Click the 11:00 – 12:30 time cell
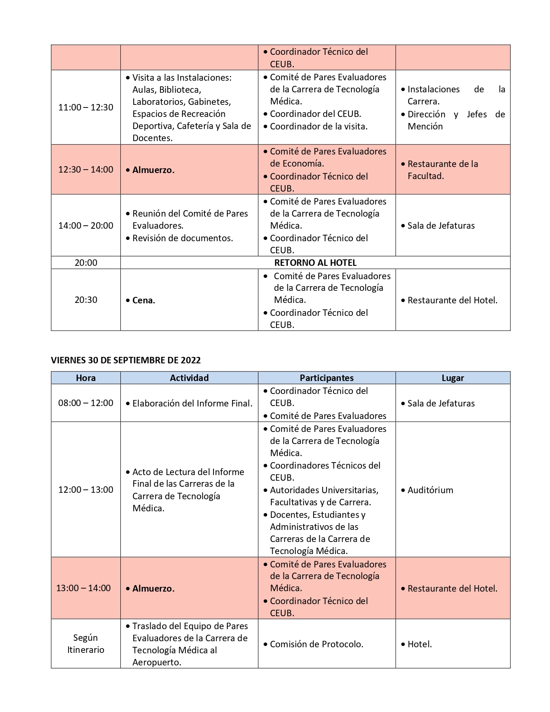coord(86,107)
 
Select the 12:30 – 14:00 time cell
coord(86,170)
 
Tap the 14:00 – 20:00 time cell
coord(86,226)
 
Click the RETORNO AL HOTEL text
coord(315,263)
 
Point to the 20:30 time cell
coord(86,300)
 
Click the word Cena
coord(144,300)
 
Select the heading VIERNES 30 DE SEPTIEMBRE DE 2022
coord(126,360)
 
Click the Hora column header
coord(86,378)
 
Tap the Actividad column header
coord(189,378)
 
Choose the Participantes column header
coord(327,378)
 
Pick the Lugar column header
coord(453,378)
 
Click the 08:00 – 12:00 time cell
coord(86,403)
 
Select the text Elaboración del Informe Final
coord(192,403)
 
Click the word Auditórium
coord(430,490)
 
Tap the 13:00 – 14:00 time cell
coord(83,588)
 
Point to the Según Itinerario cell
coord(86,644)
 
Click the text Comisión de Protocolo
coord(317,644)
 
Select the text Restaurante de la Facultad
coord(443,170)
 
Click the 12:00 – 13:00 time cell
coord(86,490)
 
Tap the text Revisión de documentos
coord(182,238)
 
